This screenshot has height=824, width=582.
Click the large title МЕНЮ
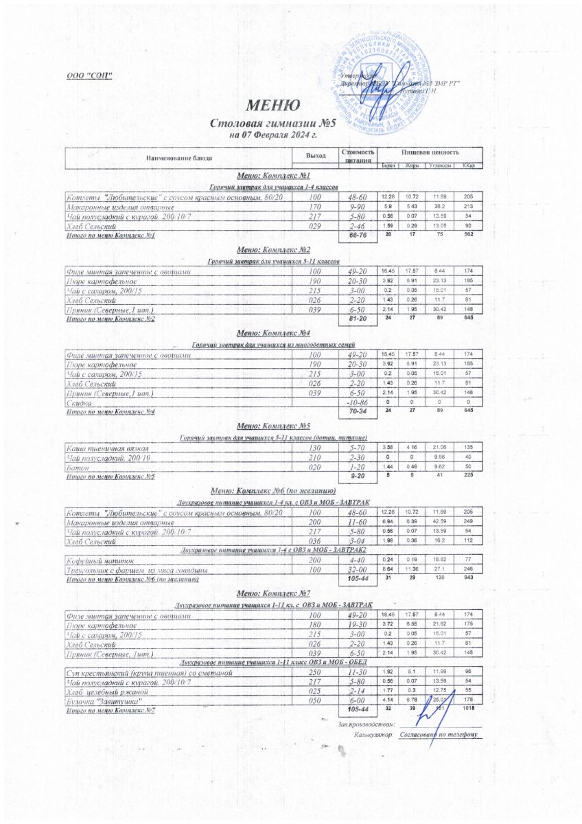coord(272,106)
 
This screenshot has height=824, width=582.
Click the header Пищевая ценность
coord(431,152)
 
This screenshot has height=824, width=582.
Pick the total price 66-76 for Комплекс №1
coord(358,236)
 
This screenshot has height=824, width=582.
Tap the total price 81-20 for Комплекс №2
coord(358,319)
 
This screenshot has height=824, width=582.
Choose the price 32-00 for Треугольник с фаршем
coord(358,570)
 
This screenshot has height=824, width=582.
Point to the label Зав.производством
coord(368,724)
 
